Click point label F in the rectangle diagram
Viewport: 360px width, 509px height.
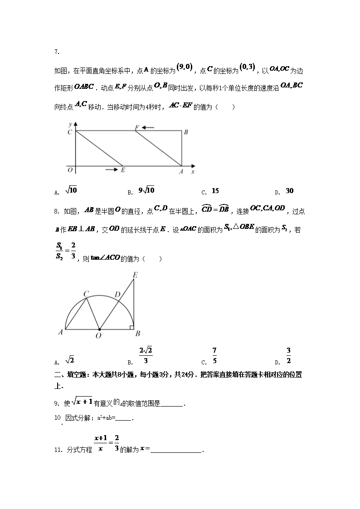tap(136, 127)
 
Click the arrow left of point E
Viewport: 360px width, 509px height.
tap(111, 170)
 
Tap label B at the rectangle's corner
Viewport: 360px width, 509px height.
tap(185, 132)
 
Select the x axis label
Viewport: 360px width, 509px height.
tap(193, 172)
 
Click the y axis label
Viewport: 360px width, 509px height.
tap(70, 124)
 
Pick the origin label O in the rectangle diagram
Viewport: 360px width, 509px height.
tap(69, 170)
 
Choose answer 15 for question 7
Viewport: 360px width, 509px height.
tap(215, 191)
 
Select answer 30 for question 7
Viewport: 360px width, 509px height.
tap(290, 191)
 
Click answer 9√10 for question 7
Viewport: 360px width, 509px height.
tap(146, 190)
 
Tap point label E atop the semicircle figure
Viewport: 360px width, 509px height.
tap(135, 275)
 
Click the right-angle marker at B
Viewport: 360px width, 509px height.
tap(131, 327)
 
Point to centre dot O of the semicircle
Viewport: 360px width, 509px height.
tap(99, 329)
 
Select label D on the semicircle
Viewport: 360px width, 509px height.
tap(117, 295)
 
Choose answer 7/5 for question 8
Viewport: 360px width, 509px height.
tap(214, 355)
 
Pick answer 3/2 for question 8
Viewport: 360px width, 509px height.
tap(288, 355)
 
